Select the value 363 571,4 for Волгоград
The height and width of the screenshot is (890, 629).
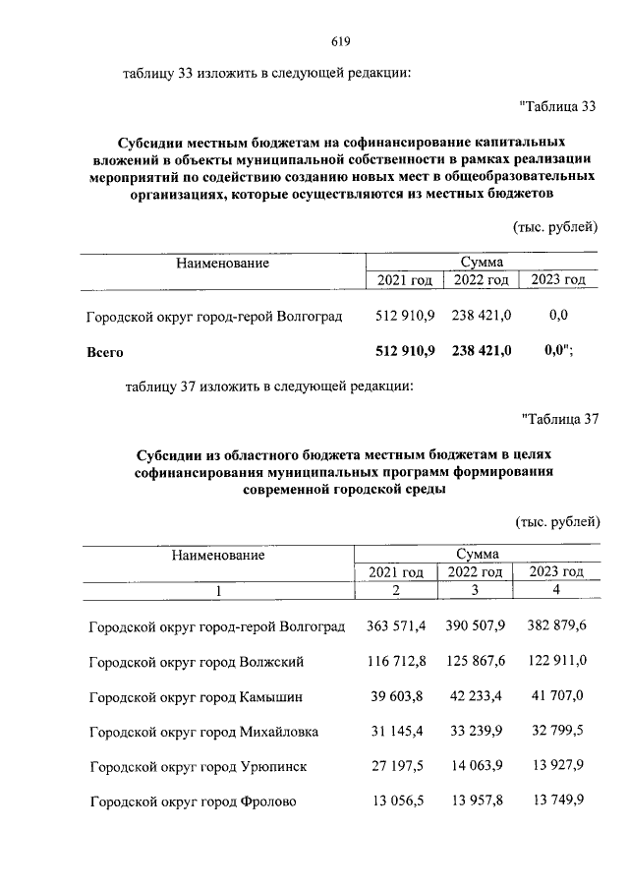395,625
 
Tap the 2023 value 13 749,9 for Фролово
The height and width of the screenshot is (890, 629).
557,801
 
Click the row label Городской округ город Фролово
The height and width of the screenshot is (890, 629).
192,801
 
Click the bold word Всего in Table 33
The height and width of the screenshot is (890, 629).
105,351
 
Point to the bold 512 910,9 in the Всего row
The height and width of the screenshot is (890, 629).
405,350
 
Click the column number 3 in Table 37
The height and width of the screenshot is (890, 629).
476,590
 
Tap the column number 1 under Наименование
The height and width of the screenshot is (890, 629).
218,590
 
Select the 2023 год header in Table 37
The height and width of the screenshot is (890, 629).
557,571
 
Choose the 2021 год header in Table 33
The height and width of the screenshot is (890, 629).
405,280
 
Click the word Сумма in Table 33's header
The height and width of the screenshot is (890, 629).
482,263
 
